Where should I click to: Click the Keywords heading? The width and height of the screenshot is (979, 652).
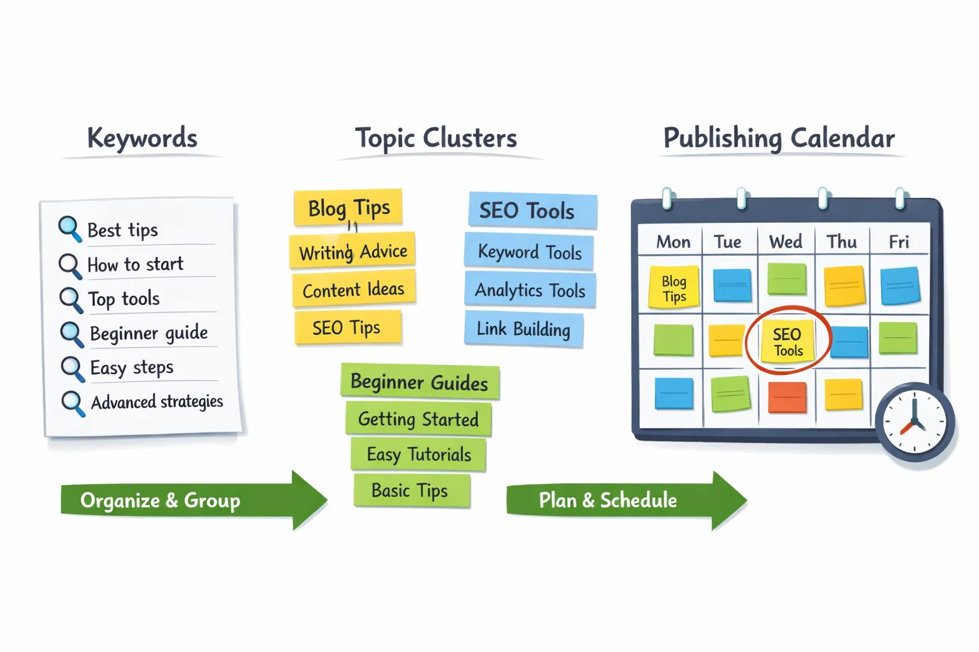tap(141, 138)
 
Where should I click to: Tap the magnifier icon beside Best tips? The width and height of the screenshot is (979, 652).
tap(69, 229)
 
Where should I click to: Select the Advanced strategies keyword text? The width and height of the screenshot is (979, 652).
tap(157, 402)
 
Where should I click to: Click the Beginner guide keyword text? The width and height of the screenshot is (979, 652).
tap(149, 333)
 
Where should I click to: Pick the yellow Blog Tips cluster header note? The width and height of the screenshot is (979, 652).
tap(348, 208)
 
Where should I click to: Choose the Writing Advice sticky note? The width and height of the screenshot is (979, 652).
tap(352, 252)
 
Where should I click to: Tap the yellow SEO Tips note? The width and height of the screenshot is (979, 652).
tap(347, 328)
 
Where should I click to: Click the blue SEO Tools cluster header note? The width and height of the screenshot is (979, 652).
tap(532, 210)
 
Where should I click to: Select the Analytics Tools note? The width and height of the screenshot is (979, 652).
tap(530, 290)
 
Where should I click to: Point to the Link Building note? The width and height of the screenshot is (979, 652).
tap(523, 329)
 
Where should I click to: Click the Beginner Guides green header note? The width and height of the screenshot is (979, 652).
tap(419, 382)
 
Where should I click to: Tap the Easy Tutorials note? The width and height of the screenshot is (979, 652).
tap(419, 455)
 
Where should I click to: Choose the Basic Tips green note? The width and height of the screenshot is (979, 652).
tap(410, 490)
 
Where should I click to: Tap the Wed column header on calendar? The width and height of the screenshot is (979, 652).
tap(785, 242)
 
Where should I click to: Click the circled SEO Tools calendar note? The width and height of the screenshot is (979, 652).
tap(788, 342)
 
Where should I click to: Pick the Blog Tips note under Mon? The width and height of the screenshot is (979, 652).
tap(674, 288)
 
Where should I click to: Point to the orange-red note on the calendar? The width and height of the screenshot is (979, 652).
tap(787, 397)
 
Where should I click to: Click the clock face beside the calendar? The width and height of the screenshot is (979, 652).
tap(915, 422)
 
